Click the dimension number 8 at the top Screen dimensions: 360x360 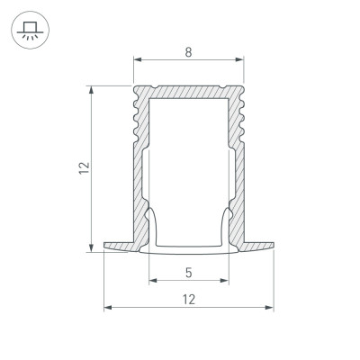(x=188, y=52)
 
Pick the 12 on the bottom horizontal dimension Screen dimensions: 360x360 (x=188, y=298)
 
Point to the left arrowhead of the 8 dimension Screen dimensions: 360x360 (x=137, y=62)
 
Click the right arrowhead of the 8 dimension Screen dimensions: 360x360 (x=241, y=62)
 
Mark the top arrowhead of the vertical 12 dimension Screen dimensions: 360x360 (x=90, y=89)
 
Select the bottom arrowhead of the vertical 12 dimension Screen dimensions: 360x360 (x=90, y=249)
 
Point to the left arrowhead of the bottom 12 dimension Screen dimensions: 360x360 (x=107, y=308)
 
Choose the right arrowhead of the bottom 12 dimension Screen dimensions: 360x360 (x=271, y=308)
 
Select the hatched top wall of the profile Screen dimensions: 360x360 (x=188, y=92)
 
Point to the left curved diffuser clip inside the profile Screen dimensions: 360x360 (x=155, y=225)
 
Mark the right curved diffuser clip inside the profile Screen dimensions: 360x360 (x=222, y=225)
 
